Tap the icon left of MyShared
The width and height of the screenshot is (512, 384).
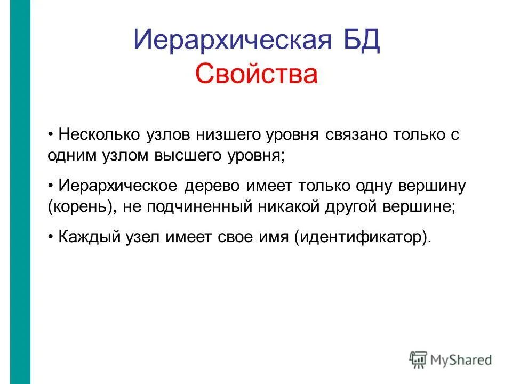point(418,359)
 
